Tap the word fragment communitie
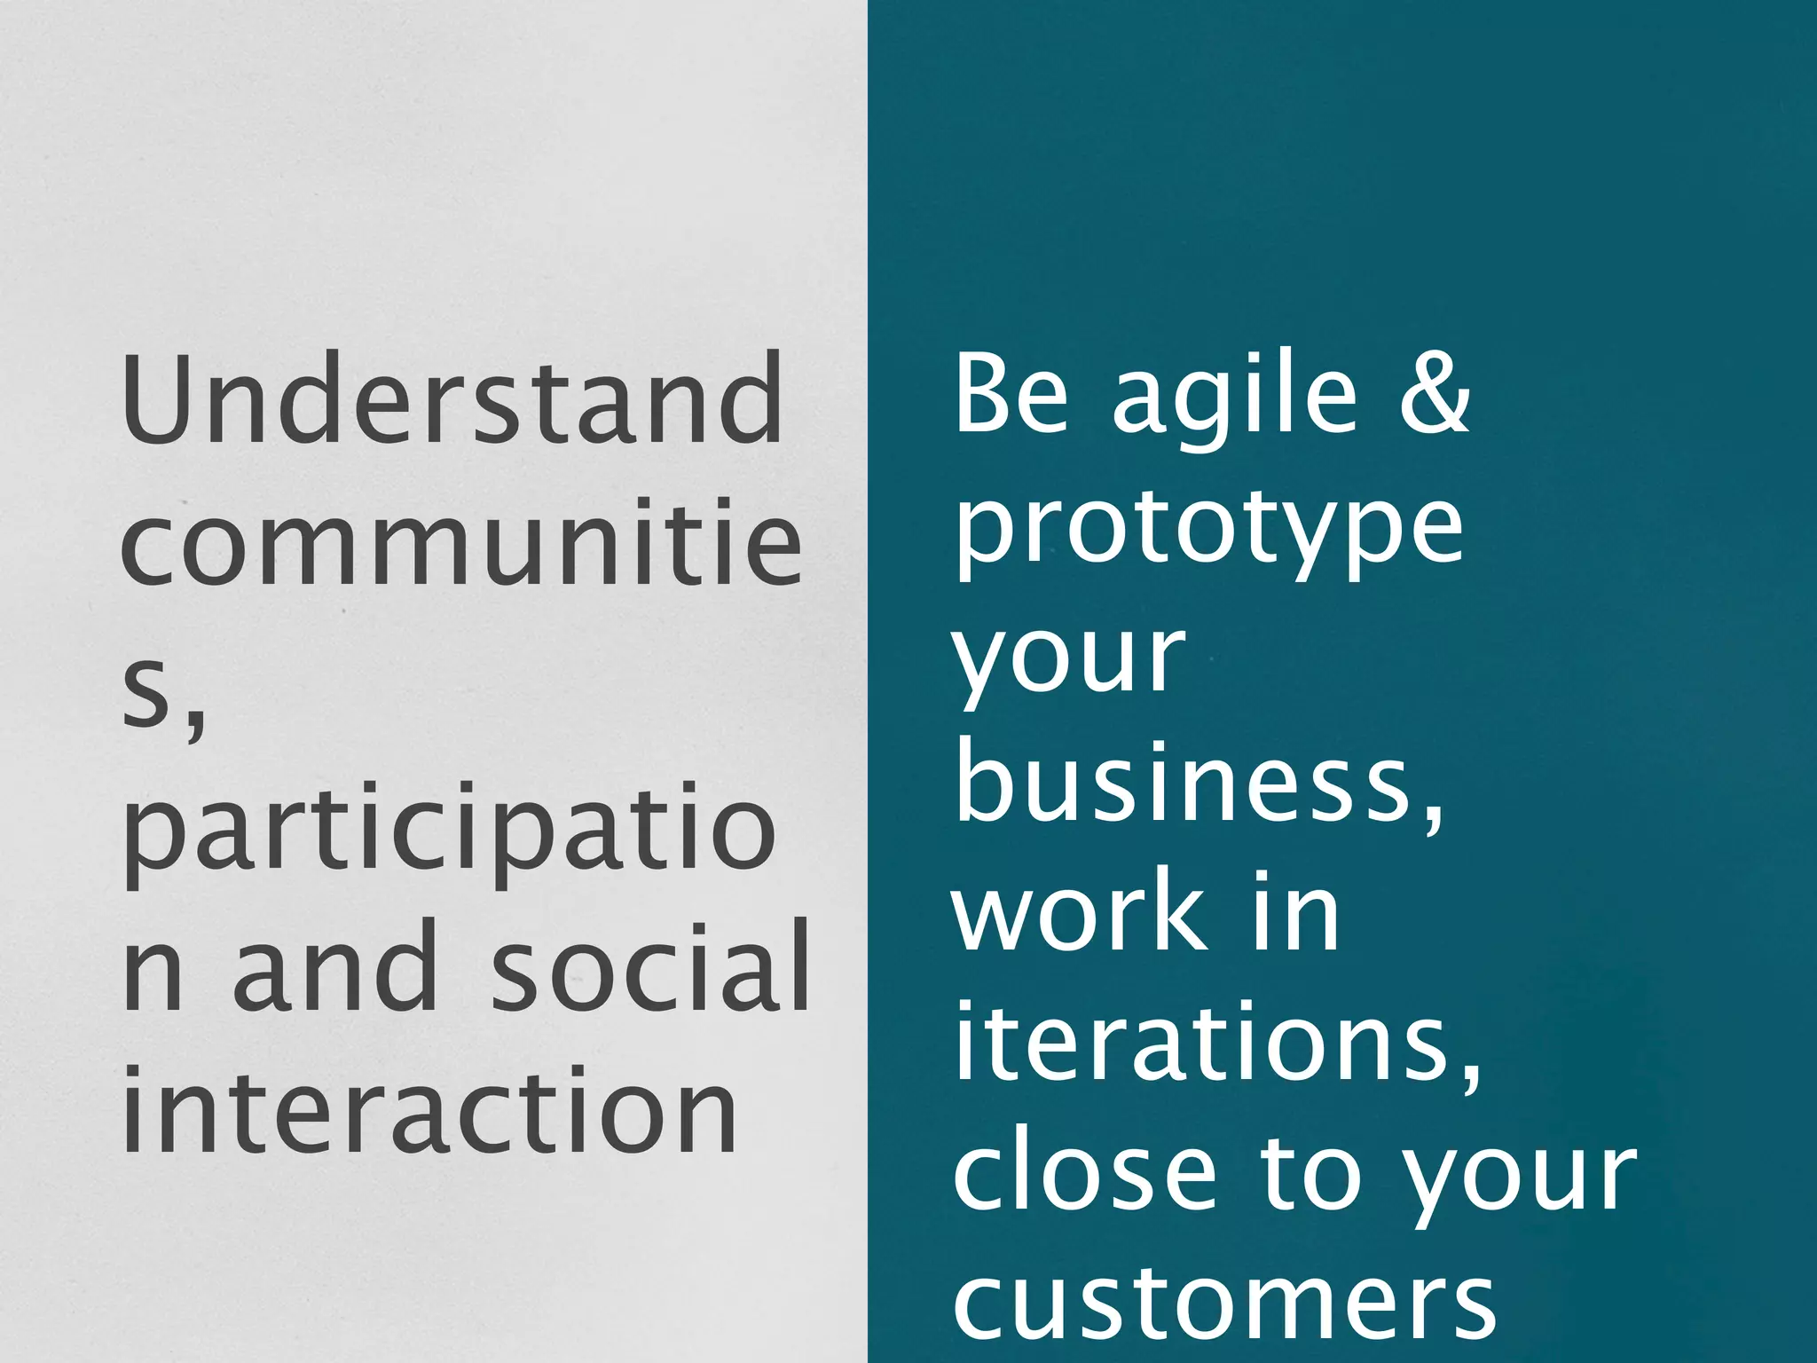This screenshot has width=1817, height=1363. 461,543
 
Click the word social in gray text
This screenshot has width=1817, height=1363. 650,967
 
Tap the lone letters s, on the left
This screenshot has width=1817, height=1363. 163,697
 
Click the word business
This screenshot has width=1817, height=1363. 1198,781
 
